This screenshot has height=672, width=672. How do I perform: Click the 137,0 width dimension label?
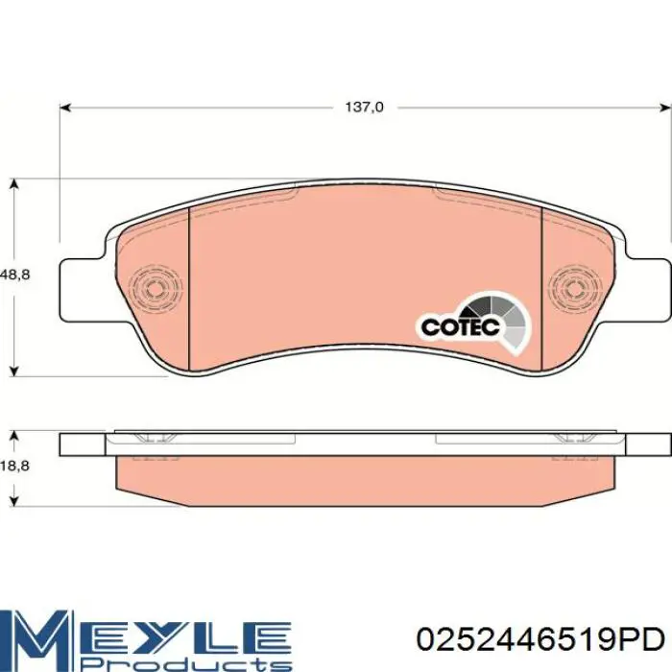[365, 107]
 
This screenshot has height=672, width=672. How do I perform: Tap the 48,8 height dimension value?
[15, 275]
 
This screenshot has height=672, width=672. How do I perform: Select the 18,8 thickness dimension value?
[15, 466]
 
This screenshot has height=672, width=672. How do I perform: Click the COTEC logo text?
[461, 327]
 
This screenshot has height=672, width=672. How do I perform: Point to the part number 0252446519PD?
[540, 640]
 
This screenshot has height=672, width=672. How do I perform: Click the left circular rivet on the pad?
[156, 288]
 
